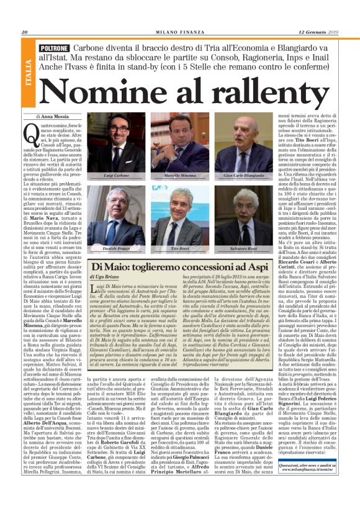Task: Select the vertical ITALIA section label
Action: [29, 73]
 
